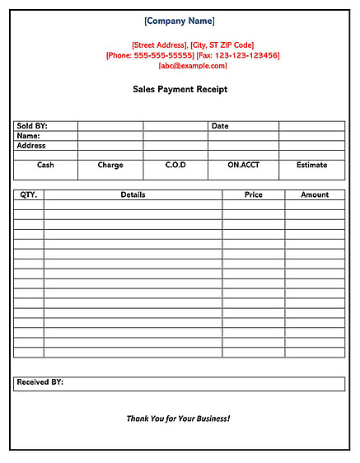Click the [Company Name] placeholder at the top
pos(179,21)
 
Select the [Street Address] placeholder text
pos(159,45)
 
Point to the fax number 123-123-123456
pos(246,55)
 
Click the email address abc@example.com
pos(193,66)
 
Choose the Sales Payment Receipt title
pos(180,89)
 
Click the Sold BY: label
pos(32,126)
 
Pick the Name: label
pos(28,136)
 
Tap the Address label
pos(31,146)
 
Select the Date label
pos(220,126)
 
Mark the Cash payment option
pos(45,165)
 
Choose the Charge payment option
pos(110,165)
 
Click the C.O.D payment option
pos(175,165)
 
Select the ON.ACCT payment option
pos(243,165)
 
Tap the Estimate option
pos(311,165)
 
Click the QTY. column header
pos(28,195)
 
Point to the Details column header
pos(133,195)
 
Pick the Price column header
pos(254,195)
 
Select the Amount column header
pos(315,195)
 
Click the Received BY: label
pos(40,382)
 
